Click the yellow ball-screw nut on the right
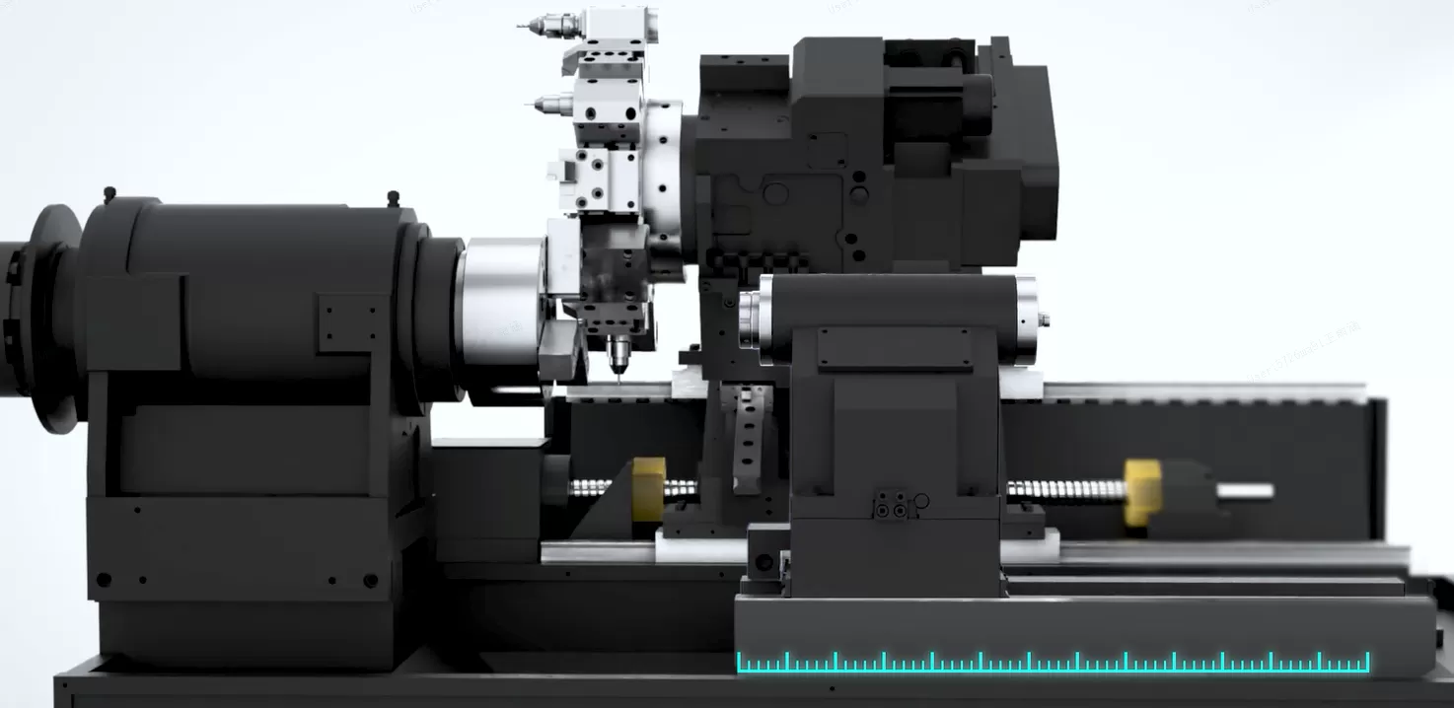(x=1141, y=490)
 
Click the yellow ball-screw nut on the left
(x=648, y=487)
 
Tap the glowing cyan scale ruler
(x=1053, y=664)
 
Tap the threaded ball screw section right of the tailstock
(x=1065, y=489)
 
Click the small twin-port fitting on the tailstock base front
(x=892, y=504)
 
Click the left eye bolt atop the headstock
(x=109, y=192)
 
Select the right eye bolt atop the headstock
(x=393, y=197)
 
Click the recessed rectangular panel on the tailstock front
(x=894, y=347)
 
